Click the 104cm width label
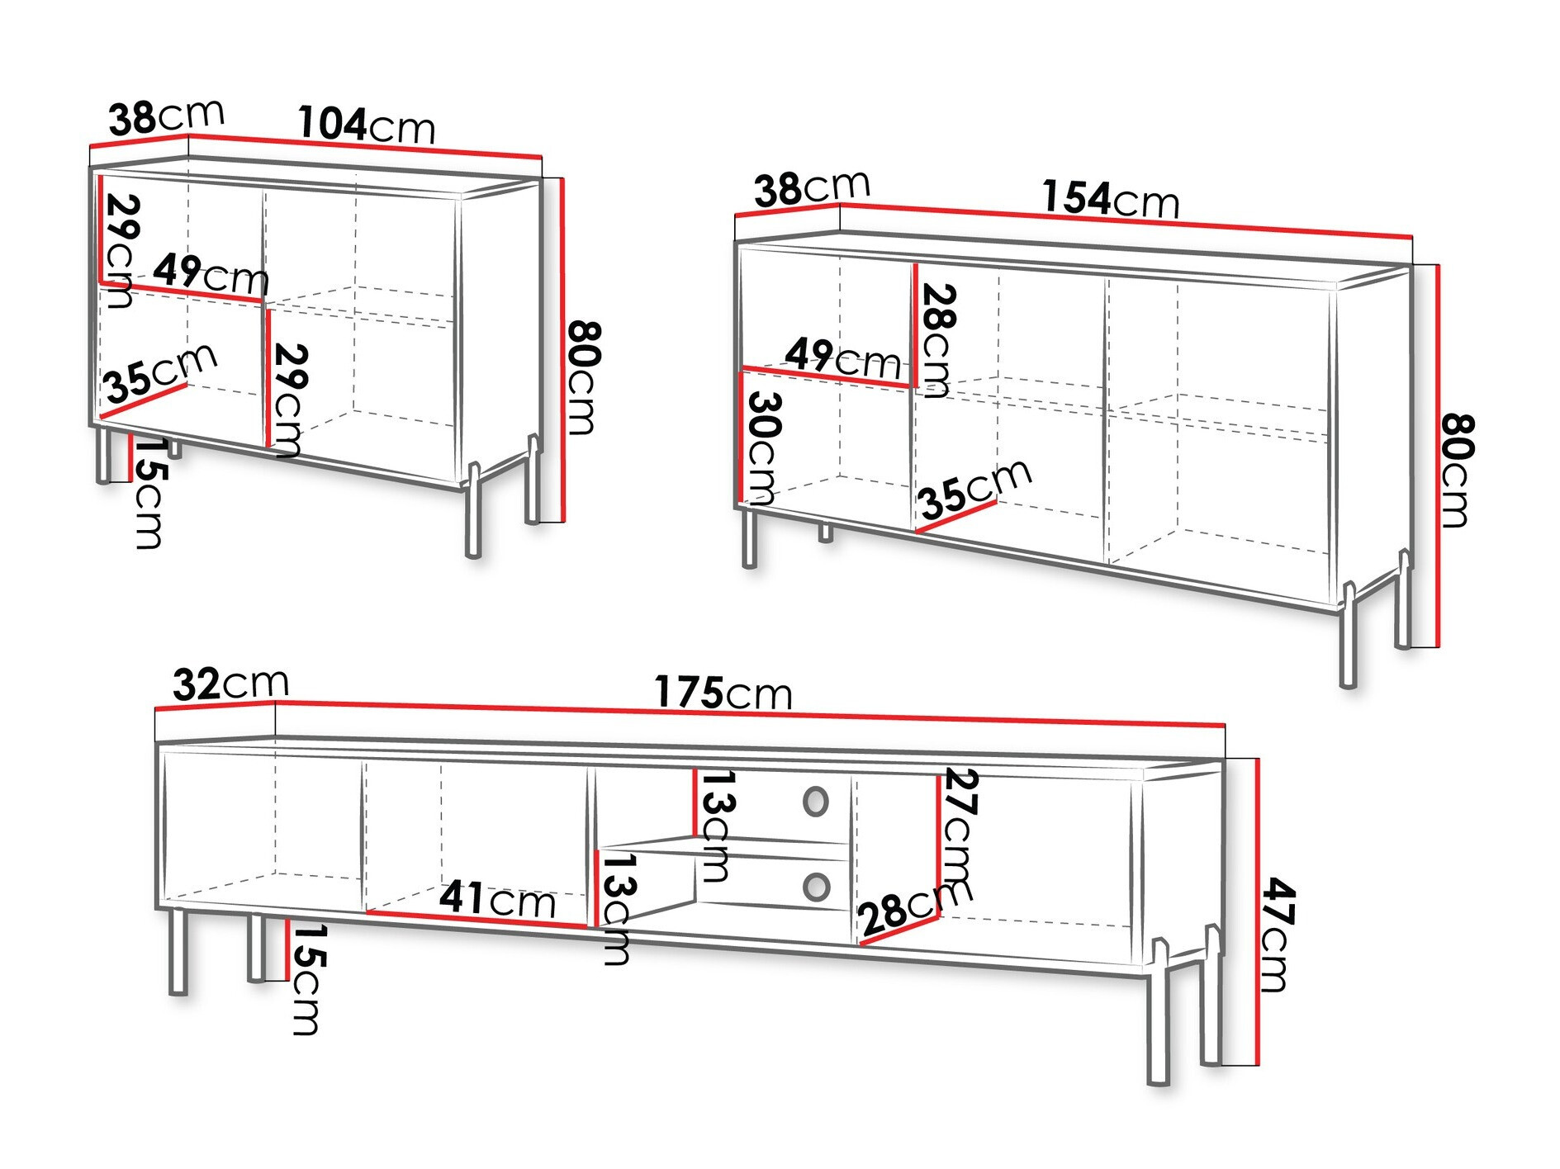click(x=366, y=125)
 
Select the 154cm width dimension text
click(x=1110, y=199)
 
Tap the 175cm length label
click(x=723, y=692)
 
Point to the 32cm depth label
click(x=231, y=684)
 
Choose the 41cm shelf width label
click(x=497, y=898)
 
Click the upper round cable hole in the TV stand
click(x=815, y=802)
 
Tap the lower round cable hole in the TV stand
click(x=816, y=887)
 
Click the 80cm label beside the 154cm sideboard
click(x=1457, y=470)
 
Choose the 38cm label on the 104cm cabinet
click(x=166, y=116)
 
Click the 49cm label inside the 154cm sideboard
click(x=842, y=358)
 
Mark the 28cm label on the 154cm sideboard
click(x=938, y=340)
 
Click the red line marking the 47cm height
click(x=1257, y=911)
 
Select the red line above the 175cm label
click(x=749, y=714)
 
